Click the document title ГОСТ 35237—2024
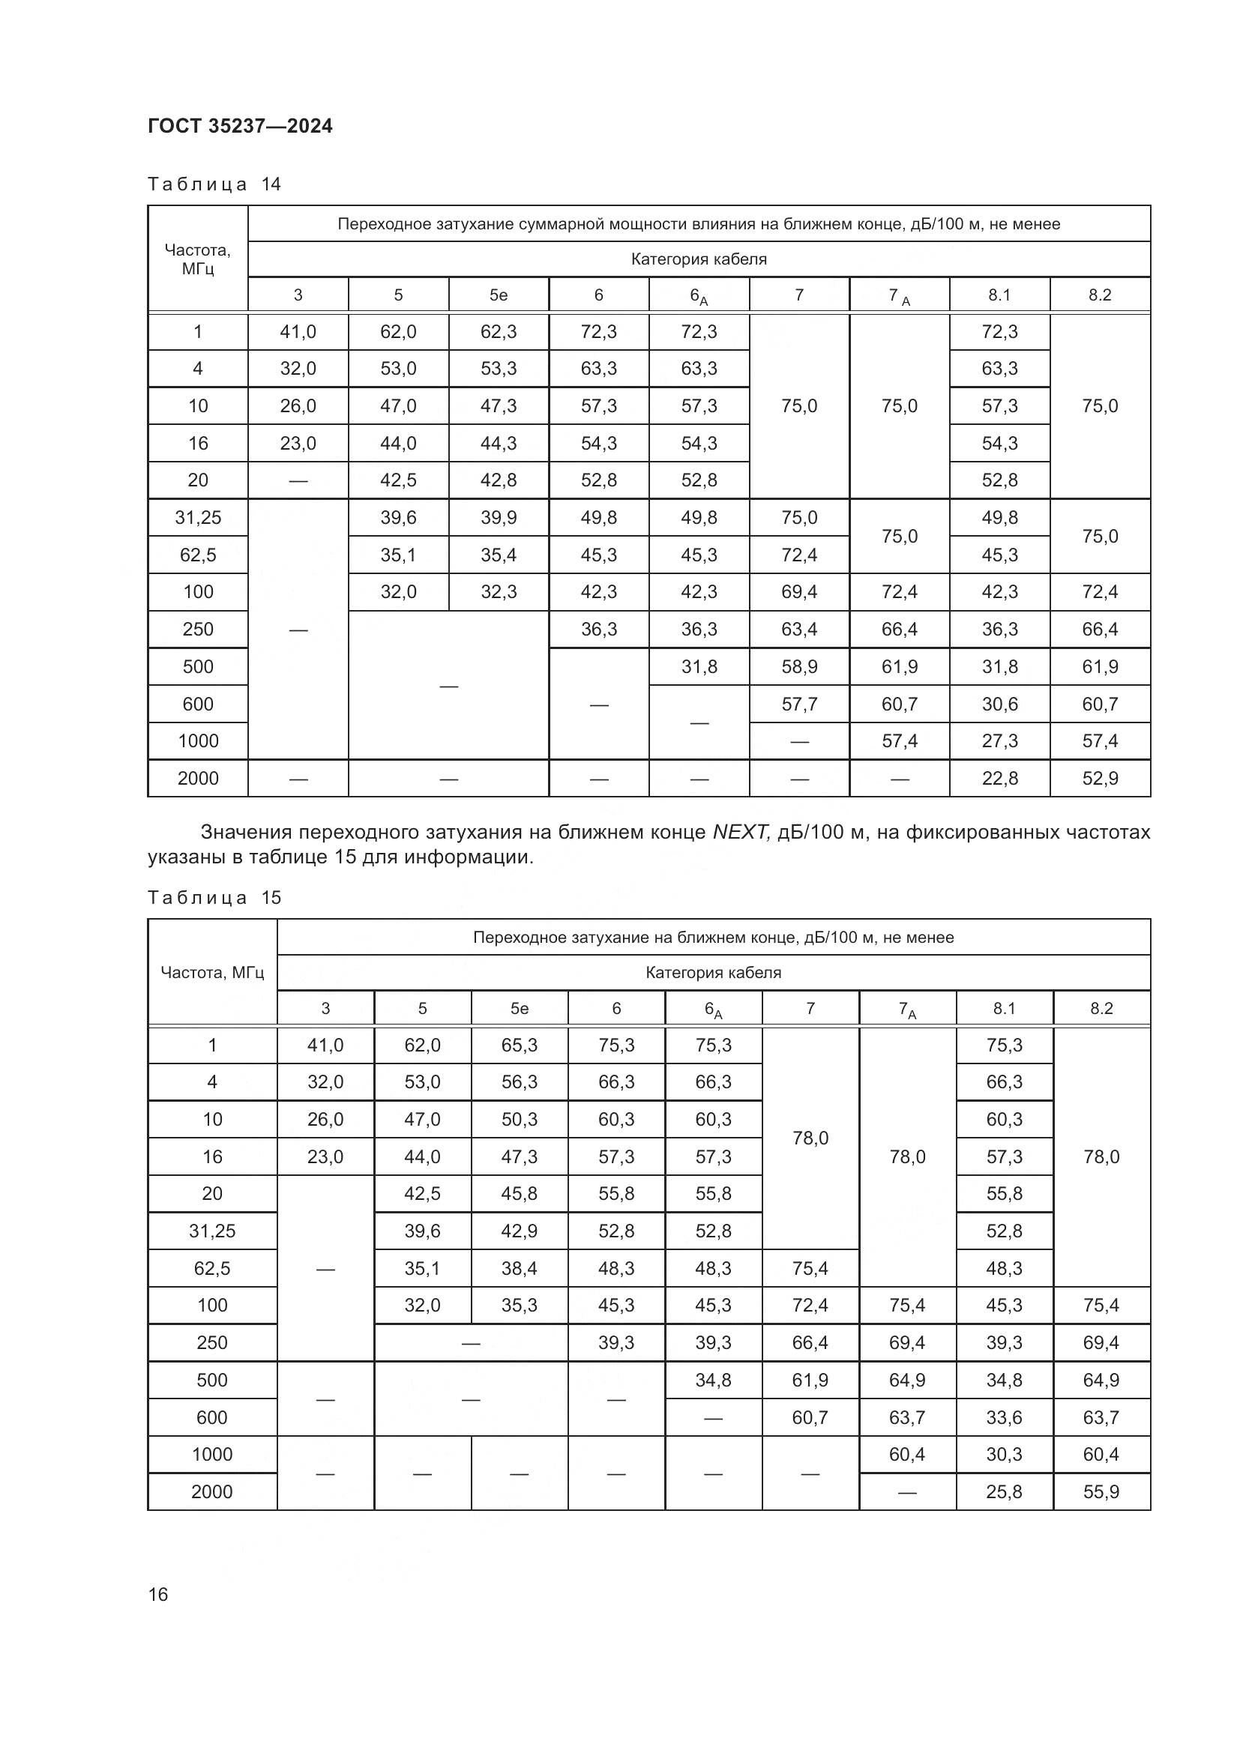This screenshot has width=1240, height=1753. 240,126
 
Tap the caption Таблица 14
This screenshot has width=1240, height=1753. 214,184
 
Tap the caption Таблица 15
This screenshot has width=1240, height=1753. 214,897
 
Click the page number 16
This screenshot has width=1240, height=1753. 158,1594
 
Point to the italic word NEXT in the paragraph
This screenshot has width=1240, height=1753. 740,832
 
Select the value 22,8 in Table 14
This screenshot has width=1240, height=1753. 999,778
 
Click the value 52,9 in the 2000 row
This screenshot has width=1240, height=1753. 1100,778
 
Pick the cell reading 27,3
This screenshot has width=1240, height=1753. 999,740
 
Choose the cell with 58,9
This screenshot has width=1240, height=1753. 798,666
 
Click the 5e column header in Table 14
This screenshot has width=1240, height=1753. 498,295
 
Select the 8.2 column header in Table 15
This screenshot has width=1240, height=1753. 1101,1008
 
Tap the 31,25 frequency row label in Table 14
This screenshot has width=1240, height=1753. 198,518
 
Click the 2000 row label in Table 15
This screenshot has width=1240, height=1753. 211,1491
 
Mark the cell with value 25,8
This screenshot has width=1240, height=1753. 1004,1491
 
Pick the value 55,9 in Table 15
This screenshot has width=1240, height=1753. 1101,1491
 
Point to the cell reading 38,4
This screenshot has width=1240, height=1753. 520,1268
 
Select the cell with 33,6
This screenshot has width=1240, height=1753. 1004,1417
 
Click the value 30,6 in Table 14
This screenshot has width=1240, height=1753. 999,704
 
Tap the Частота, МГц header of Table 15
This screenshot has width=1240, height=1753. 211,972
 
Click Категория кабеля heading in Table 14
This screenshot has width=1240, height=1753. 699,259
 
